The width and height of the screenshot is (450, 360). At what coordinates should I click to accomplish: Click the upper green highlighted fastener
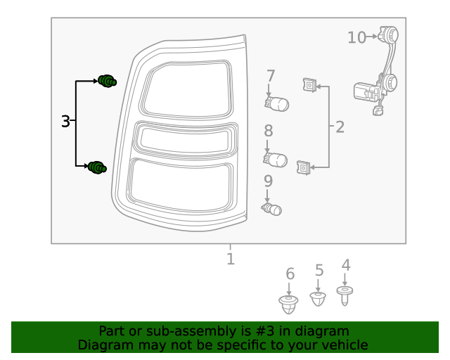pos(108,82)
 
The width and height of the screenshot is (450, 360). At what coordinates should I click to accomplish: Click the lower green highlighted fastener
pos(97,167)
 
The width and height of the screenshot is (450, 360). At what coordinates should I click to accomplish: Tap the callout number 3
pos(65,121)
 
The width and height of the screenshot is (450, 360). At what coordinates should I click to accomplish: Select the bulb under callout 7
pos(276,104)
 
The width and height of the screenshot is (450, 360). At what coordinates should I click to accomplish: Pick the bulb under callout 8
pos(275,160)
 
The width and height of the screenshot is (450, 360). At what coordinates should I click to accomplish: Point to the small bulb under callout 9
pos(271,210)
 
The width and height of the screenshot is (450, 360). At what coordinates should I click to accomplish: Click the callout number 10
pos(356,37)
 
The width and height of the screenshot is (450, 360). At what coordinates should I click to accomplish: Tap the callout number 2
pos(340,127)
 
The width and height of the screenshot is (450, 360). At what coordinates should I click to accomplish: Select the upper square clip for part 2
pos(309,85)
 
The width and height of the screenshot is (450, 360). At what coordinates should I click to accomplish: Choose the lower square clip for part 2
pos(303,167)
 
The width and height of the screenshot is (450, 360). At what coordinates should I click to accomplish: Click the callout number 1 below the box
pos(231,259)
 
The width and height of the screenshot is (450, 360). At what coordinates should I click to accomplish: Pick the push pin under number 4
pos(345,296)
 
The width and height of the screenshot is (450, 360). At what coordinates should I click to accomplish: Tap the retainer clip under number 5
pos(318,299)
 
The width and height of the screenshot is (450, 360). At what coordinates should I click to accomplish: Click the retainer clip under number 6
pos(288,304)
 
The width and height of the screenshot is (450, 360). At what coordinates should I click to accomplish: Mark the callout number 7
pos(271,76)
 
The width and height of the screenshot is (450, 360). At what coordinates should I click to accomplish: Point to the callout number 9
pos(268,181)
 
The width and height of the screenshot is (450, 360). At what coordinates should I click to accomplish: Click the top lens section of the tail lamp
pos(186,90)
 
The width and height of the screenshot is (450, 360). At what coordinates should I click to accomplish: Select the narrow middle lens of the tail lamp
pos(186,140)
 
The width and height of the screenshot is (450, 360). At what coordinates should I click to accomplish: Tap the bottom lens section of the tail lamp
pos(180,186)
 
